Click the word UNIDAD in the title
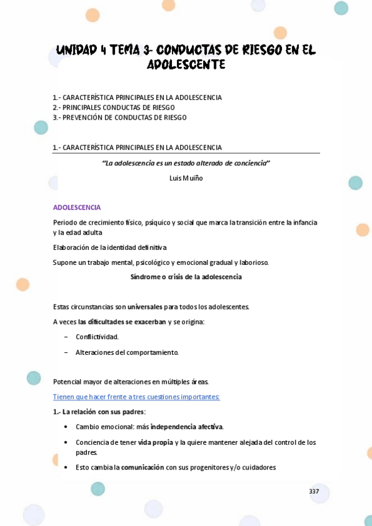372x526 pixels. pyautogui.click(x=76, y=50)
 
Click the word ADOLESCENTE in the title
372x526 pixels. pyautogui.click(x=186, y=65)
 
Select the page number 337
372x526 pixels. pyautogui.click(x=314, y=491)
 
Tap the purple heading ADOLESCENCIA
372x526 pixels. pyautogui.click(x=77, y=207)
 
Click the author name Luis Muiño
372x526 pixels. pyautogui.click(x=186, y=178)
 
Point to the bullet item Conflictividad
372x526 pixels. pyautogui.click(x=97, y=337)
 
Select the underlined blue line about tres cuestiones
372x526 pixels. pyautogui.click(x=136, y=397)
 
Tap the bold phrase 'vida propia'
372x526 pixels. pyautogui.click(x=155, y=442)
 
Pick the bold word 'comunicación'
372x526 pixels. pyautogui.click(x=142, y=467)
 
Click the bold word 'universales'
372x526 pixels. pyautogui.click(x=145, y=306)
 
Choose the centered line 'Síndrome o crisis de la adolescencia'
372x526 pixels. pyautogui.click(x=186, y=277)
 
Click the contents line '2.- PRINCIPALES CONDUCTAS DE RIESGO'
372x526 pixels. pyautogui.click(x=114, y=107)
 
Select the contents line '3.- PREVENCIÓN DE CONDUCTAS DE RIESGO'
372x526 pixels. pyautogui.click(x=119, y=117)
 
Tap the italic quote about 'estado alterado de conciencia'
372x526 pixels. pyautogui.click(x=186, y=163)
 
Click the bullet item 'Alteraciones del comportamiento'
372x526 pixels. pyautogui.click(x=127, y=352)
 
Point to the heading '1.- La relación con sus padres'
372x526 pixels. pyautogui.click(x=99, y=412)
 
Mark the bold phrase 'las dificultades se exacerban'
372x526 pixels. pyautogui.click(x=122, y=322)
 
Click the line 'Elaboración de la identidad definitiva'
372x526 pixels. pyautogui.click(x=109, y=247)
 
